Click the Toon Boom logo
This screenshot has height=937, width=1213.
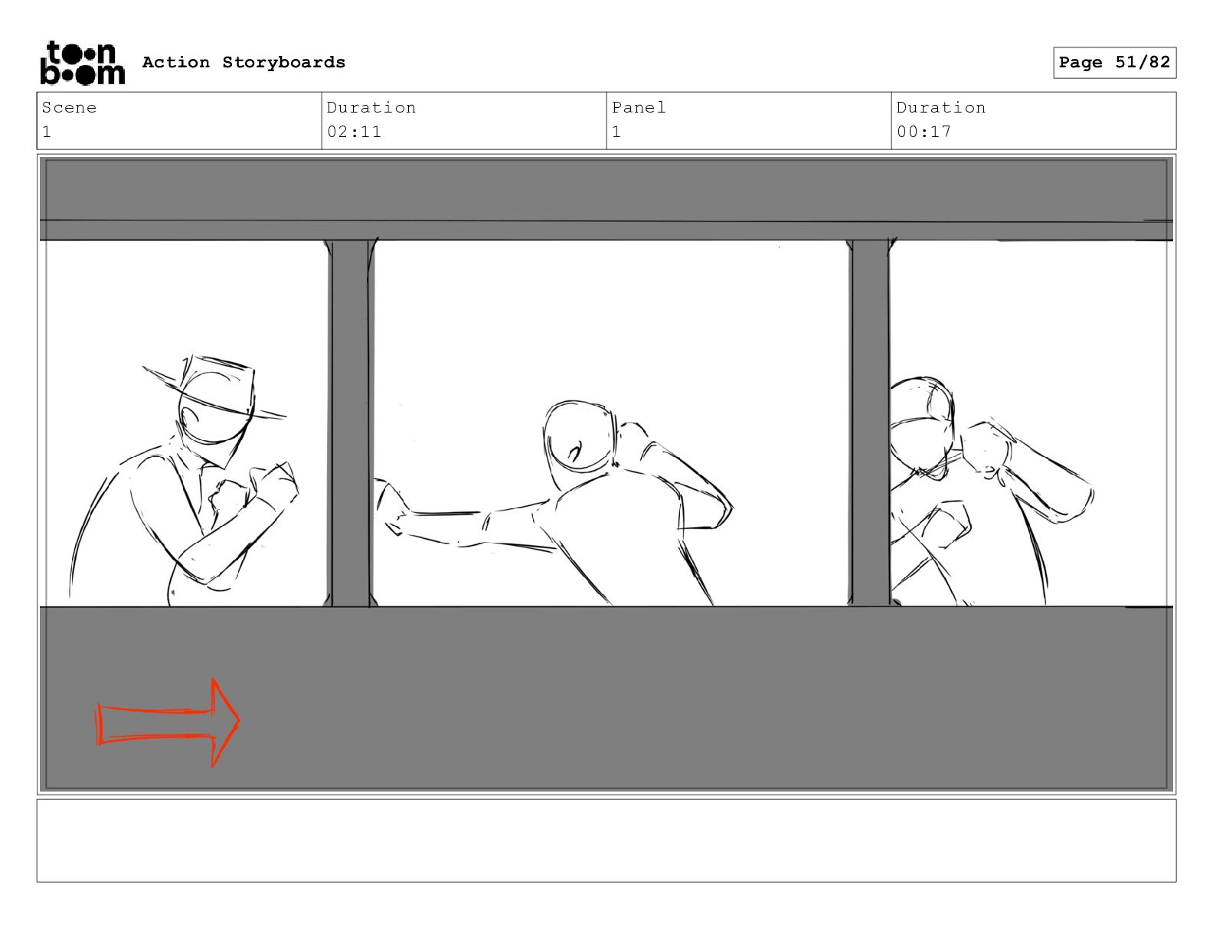click(x=83, y=63)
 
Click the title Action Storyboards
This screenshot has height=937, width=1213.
click(x=244, y=62)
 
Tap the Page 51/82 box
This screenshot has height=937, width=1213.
click(x=1114, y=63)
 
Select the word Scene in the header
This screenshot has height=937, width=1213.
click(x=69, y=107)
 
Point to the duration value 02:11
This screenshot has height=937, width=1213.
click(x=354, y=132)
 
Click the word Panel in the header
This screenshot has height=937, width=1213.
click(x=639, y=107)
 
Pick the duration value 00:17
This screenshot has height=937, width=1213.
click(x=924, y=132)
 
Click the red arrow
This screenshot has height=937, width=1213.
click(x=168, y=723)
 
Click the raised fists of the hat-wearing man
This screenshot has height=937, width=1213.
click(x=254, y=485)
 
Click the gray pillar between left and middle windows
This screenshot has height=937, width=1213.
click(x=350, y=423)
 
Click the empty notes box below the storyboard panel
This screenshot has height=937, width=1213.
click(x=606, y=841)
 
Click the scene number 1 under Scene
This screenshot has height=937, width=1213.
click(x=47, y=132)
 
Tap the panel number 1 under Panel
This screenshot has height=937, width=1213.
click(x=616, y=132)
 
